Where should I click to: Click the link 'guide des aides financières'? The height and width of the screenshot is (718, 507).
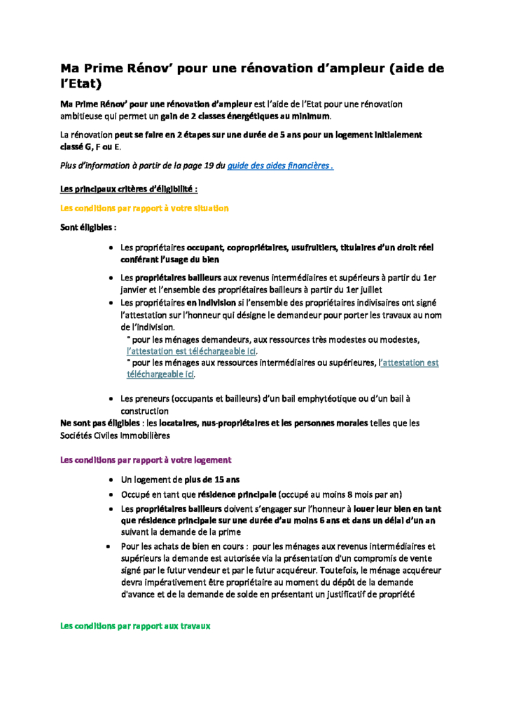pyautogui.click(x=279, y=166)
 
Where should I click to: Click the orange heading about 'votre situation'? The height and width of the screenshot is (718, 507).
pyautogui.click(x=144, y=208)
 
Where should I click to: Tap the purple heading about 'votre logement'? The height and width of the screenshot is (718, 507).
pyautogui.click(x=146, y=460)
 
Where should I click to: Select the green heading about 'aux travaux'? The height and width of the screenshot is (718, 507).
pyautogui.click(x=135, y=625)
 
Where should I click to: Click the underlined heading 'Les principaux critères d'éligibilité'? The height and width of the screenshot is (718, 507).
pyautogui.click(x=129, y=189)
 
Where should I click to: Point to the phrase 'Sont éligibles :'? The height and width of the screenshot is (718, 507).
pyautogui.click(x=88, y=228)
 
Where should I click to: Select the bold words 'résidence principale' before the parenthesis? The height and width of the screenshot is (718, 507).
pyautogui.click(x=237, y=494)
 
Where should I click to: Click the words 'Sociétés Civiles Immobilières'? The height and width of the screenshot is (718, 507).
pyautogui.click(x=115, y=435)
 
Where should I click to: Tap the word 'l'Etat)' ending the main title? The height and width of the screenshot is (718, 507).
pyautogui.click(x=81, y=84)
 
